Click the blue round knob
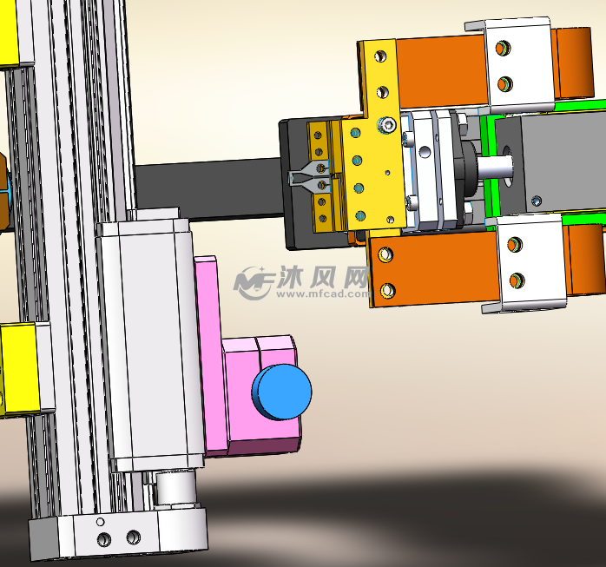[x=282, y=392]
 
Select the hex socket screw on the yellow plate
[x=387, y=125]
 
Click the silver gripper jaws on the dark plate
[x=309, y=177]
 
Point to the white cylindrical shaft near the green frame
[x=495, y=167]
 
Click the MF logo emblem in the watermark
[x=254, y=283]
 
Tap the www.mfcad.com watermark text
[x=323, y=294]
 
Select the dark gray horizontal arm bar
[x=208, y=190]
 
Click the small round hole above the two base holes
[x=100, y=522]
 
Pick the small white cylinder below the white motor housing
[x=175, y=488]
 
